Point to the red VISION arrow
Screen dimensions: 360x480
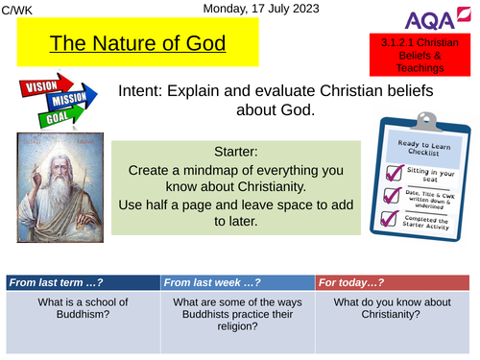click(x=41, y=84)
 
